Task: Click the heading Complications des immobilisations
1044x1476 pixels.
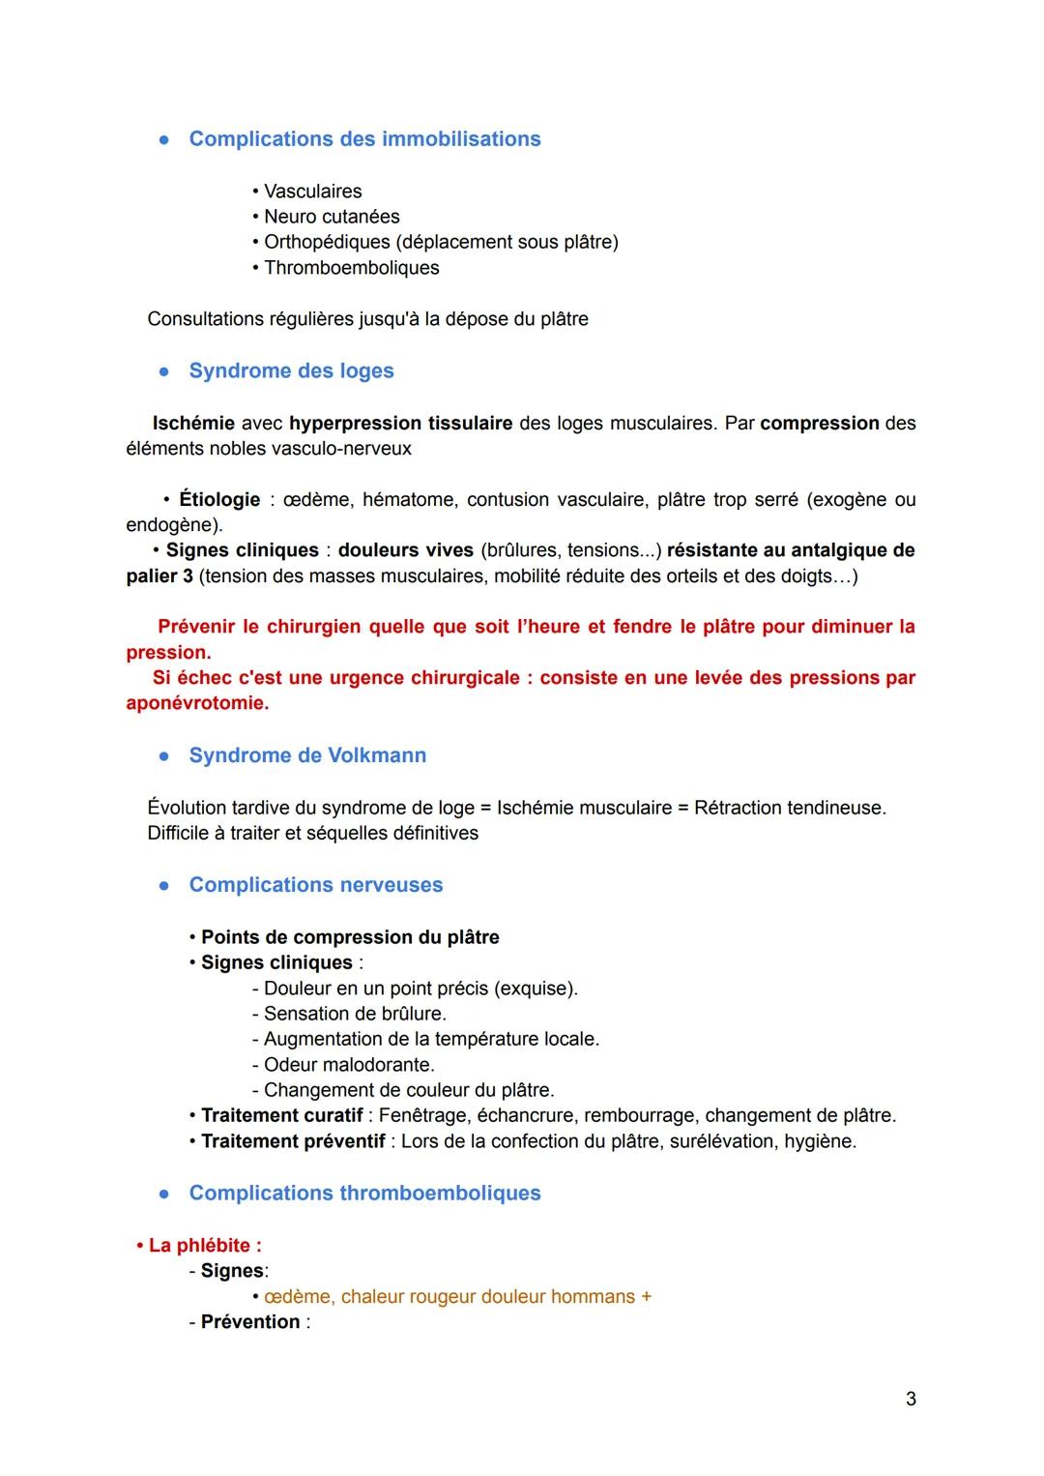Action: click(x=364, y=139)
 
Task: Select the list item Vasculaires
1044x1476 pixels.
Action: click(x=312, y=192)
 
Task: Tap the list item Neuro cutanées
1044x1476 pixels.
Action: click(x=331, y=217)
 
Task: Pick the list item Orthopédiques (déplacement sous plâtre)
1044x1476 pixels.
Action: click(x=440, y=242)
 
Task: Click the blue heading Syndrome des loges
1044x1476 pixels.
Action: click(x=291, y=371)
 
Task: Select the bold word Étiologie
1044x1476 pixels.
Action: click(x=219, y=500)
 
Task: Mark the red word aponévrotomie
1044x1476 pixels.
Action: click(x=196, y=703)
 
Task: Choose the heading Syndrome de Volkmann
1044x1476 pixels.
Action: click(x=307, y=755)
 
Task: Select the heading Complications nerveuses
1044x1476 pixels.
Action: click(x=315, y=885)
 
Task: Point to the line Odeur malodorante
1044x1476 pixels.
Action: click(x=348, y=1065)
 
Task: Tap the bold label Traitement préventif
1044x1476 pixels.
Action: click(x=293, y=1141)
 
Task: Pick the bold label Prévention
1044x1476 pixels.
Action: click(x=250, y=1322)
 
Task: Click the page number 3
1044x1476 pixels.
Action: click(x=911, y=1399)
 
